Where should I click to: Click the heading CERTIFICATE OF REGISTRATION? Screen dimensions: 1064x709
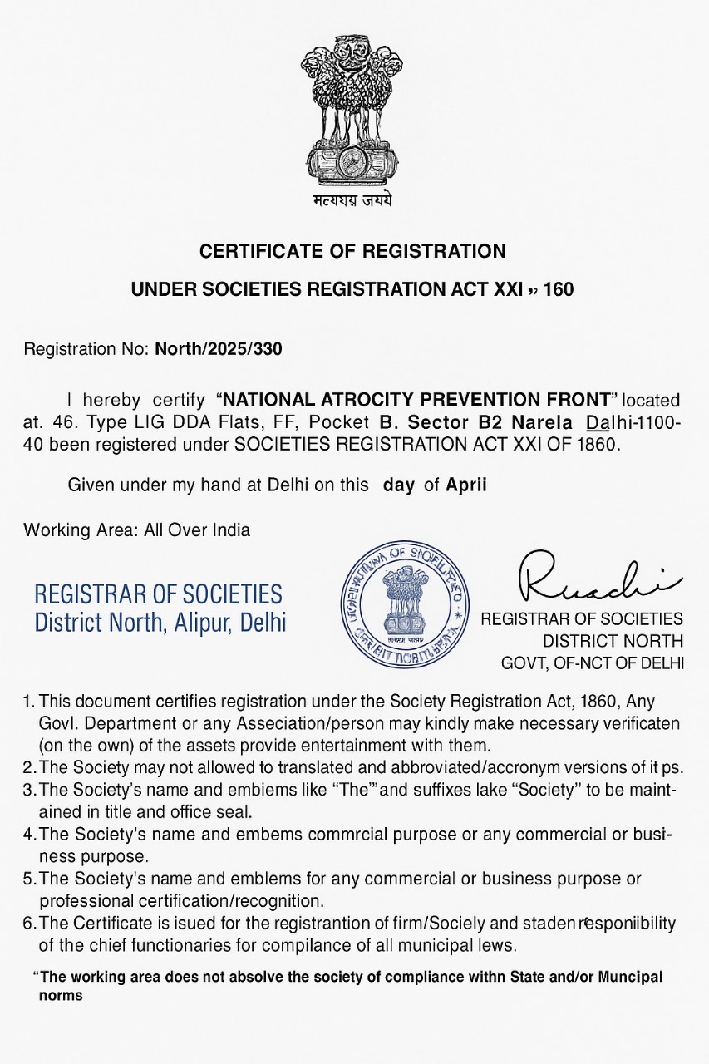pyautogui.click(x=352, y=251)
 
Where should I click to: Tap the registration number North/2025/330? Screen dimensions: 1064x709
pyautogui.click(x=219, y=349)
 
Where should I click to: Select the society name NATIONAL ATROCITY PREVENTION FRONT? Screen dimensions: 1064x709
pyautogui.click(x=418, y=401)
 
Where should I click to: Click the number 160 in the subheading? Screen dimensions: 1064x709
pyautogui.click(x=559, y=290)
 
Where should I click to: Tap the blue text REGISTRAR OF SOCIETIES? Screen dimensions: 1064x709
pyautogui.click(x=158, y=594)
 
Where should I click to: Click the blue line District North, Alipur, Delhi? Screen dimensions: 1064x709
pyautogui.click(x=160, y=622)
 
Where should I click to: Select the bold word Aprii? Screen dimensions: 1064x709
pyautogui.click(x=466, y=485)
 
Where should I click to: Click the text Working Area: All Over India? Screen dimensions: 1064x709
pyautogui.click(x=136, y=530)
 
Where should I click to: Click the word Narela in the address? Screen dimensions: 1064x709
pyautogui.click(x=541, y=422)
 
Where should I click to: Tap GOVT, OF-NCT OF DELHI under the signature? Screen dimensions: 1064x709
pyautogui.click(x=592, y=663)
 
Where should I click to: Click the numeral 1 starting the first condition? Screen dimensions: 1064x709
pyautogui.click(x=27, y=702)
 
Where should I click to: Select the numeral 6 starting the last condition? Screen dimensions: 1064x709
pyautogui.click(x=28, y=924)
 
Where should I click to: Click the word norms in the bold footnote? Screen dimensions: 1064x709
pyautogui.click(x=61, y=995)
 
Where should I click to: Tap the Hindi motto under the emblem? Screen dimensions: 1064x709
pyautogui.click(x=353, y=200)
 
